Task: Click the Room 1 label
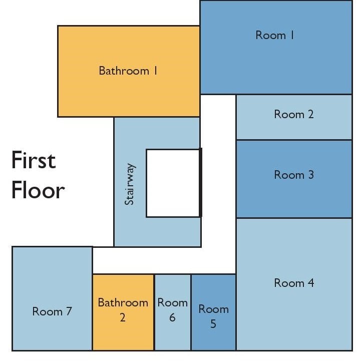pyautogui.click(x=274, y=36)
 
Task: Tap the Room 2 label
pyautogui.click(x=294, y=114)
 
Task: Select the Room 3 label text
pyautogui.click(x=294, y=175)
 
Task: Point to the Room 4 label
pyautogui.click(x=294, y=283)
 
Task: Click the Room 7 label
pyautogui.click(x=52, y=311)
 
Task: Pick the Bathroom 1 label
pyautogui.click(x=128, y=71)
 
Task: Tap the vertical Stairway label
pyautogui.click(x=129, y=184)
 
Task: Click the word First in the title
pyautogui.click(x=34, y=160)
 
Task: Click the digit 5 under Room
pyautogui.click(x=213, y=323)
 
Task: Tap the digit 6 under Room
pyautogui.click(x=172, y=317)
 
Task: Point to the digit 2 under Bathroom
pyautogui.click(x=123, y=317)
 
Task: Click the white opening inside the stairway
pyautogui.click(x=173, y=183)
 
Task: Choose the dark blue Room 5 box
pyautogui.click(x=214, y=312)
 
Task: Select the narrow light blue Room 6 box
pyautogui.click(x=173, y=312)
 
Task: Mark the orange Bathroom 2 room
pyautogui.click(x=123, y=312)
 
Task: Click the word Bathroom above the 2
pyautogui.click(x=123, y=302)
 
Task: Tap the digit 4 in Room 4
pyautogui.click(x=310, y=283)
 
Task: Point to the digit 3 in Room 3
pyautogui.click(x=311, y=175)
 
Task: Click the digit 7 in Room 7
pyautogui.click(x=69, y=311)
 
